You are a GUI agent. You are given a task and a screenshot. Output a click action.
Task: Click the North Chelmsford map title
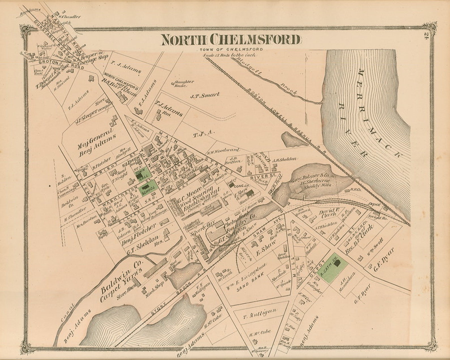click(x=230, y=40)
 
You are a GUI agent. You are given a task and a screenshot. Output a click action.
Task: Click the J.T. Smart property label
click(x=205, y=95)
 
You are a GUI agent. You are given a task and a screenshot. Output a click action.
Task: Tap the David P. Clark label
click(x=329, y=213)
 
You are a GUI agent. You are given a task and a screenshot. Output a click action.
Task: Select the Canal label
click(x=68, y=312)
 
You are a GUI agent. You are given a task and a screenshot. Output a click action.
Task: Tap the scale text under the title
click(x=229, y=55)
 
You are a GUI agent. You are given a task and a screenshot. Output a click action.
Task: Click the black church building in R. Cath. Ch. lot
click(x=337, y=263)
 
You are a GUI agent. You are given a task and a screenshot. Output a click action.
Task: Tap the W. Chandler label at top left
click(x=70, y=17)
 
